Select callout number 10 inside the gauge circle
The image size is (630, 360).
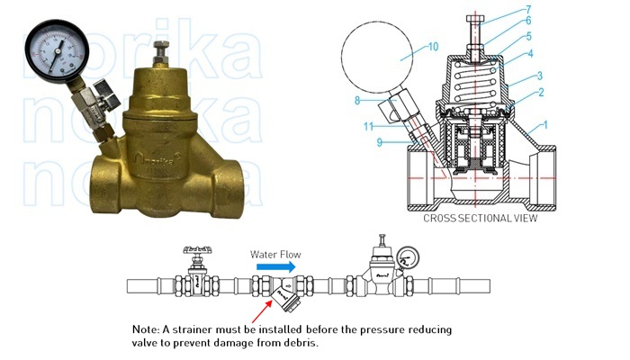click(408, 47)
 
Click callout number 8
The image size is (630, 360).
click(357, 100)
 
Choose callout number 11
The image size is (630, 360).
click(369, 127)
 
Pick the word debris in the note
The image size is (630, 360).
click(300, 344)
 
